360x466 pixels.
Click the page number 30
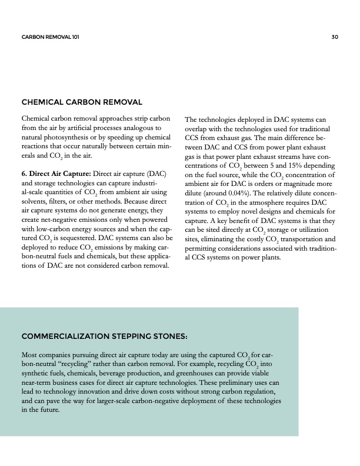click(x=335, y=37)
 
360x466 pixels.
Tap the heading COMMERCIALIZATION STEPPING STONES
click(x=104, y=337)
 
